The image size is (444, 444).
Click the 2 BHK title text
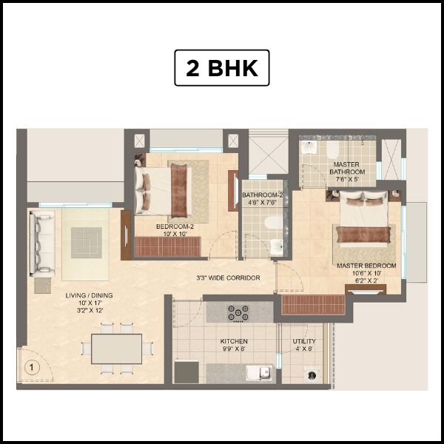point(221,68)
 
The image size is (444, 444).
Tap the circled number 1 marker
point(31,366)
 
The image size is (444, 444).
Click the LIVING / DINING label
point(87,295)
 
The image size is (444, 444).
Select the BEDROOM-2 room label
point(175,226)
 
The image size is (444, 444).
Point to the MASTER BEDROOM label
point(366,266)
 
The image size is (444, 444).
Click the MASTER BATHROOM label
point(347,168)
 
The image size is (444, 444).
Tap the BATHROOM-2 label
point(263,195)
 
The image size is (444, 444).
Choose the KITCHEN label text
point(234,342)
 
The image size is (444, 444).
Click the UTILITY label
point(303,342)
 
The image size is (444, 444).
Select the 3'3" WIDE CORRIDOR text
point(228,278)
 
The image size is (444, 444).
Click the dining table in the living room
point(116,349)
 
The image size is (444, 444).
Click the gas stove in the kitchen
point(238,312)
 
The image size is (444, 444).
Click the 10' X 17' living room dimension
point(87,303)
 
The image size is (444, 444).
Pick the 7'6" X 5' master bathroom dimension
point(347,178)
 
